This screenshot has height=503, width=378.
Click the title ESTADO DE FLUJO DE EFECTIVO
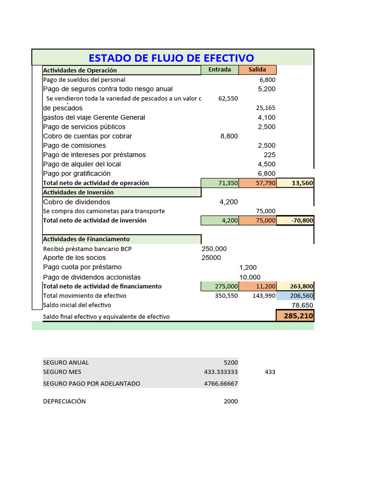(172, 57)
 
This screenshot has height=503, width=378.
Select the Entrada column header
(220, 70)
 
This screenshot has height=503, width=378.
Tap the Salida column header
(257, 70)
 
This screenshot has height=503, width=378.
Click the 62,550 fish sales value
(228, 98)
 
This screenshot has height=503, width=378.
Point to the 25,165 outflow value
(266, 108)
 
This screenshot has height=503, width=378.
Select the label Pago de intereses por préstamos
(94, 155)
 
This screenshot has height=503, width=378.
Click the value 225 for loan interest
(269, 155)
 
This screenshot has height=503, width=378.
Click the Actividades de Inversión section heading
(79, 193)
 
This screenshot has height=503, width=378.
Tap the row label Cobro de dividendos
(77, 202)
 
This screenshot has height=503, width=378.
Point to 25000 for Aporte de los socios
(211, 258)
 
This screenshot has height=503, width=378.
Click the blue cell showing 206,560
(295, 296)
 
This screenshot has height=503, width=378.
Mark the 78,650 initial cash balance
(301, 305)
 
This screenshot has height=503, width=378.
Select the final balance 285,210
(296, 316)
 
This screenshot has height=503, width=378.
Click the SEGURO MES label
(62, 372)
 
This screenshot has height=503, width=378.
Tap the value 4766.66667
(220, 384)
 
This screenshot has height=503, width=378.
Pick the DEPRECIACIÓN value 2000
(230, 401)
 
